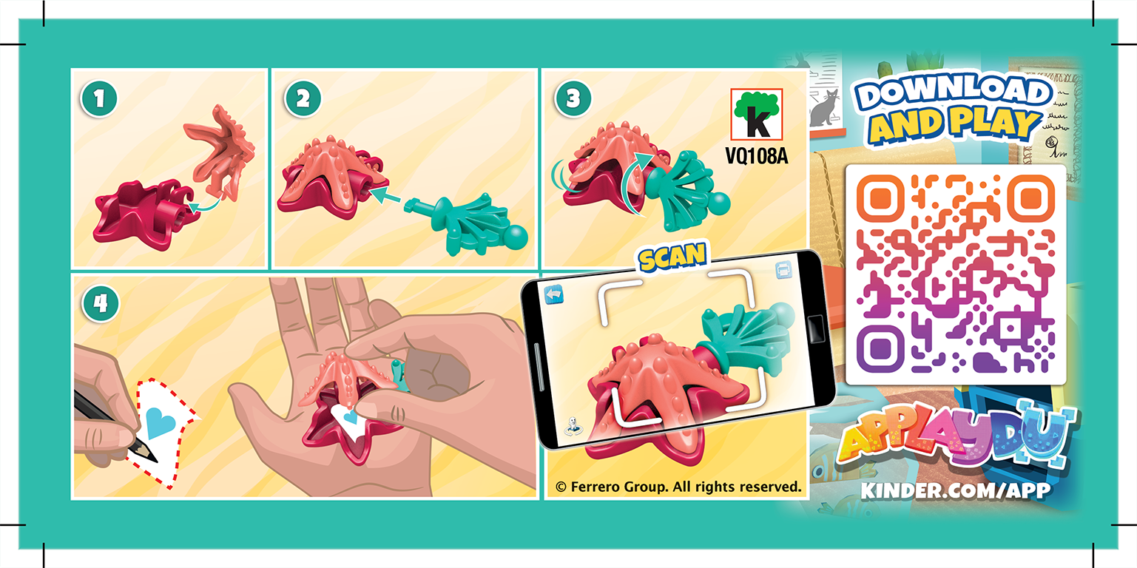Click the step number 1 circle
point(100,99)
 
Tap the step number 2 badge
point(302,99)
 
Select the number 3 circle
point(572,99)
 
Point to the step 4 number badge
point(100,304)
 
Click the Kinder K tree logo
point(755,115)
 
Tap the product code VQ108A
point(755,156)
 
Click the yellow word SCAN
point(673,256)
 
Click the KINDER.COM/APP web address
point(955,491)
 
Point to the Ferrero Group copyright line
point(678,487)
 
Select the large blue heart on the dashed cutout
point(160,422)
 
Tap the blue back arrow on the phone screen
point(554,294)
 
